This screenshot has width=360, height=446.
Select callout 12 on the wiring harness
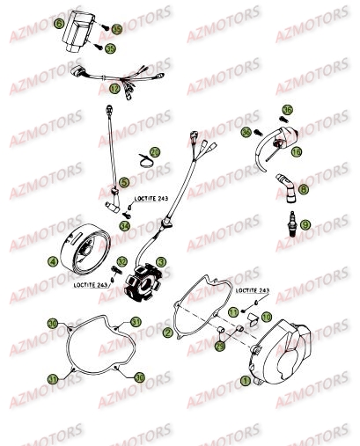[x=114, y=89]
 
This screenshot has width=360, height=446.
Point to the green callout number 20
[x=155, y=151]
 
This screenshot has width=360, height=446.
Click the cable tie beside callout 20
[x=142, y=161]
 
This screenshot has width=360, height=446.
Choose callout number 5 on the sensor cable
[x=124, y=182]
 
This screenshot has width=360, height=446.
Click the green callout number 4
[x=54, y=261]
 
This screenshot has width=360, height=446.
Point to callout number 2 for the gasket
[x=167, y=333]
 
